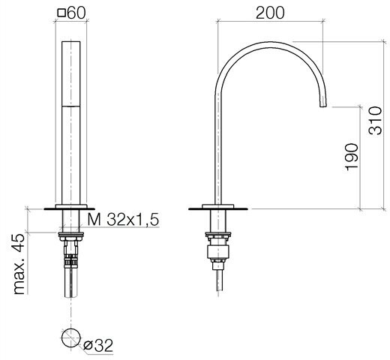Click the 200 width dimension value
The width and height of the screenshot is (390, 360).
(x=270, y=13)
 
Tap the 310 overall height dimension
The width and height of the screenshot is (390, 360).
(x=376, y=121)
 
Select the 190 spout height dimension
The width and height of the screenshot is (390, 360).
(x=352, y=157)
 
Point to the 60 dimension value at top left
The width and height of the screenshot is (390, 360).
(x=76, y=13)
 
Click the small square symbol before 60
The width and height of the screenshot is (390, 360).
(x=61, y=13)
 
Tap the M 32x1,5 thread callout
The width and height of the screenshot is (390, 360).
(x=123, y=220)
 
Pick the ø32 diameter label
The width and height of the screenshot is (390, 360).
(x=98, y=345)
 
